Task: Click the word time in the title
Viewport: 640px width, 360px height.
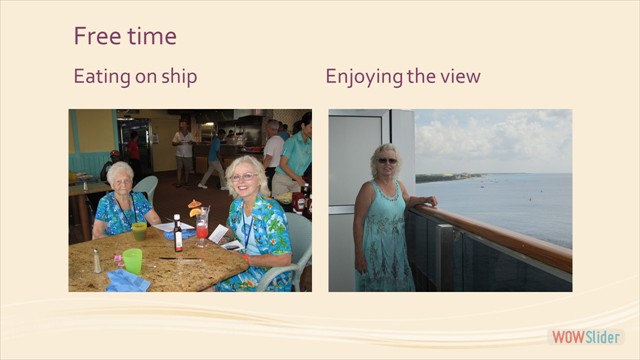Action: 149,37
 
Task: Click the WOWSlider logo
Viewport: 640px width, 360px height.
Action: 586,336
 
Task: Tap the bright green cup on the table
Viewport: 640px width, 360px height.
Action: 133,262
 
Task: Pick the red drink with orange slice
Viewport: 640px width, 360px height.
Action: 201,226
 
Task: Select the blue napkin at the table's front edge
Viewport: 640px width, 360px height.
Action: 128,282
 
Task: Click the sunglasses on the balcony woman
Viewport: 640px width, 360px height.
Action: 386,160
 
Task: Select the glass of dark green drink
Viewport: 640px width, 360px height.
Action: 139,231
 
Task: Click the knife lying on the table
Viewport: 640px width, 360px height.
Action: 180,260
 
